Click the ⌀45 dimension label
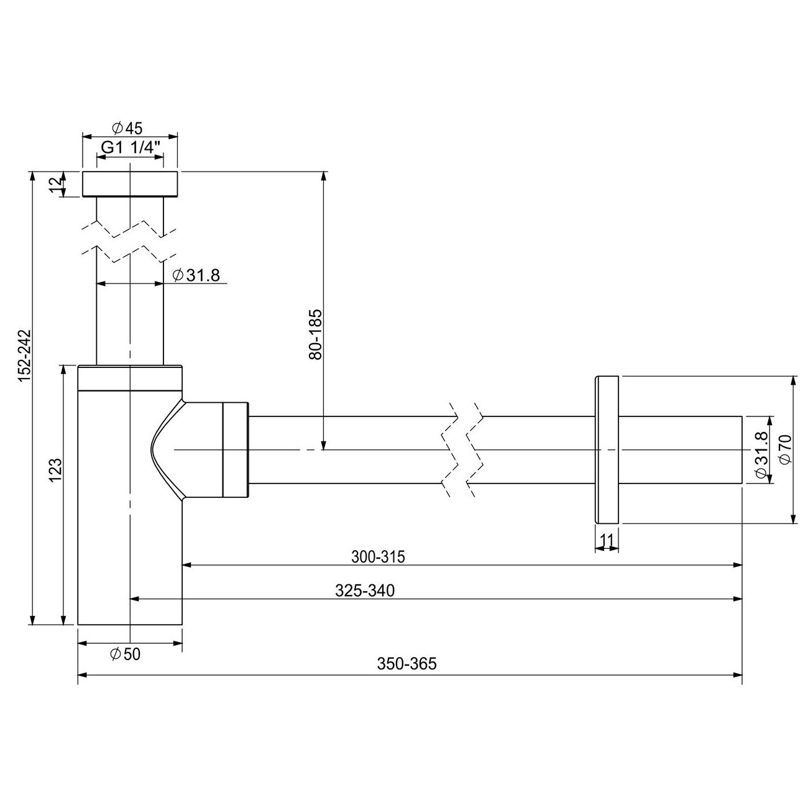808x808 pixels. (x=127, y=128)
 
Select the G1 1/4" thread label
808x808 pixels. (x=131, y=147)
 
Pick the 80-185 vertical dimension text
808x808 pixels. (x=315, y=334)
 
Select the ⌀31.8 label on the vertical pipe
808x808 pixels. (x=196, y=275)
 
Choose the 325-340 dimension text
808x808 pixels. (x=365, y=590)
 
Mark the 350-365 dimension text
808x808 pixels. (x=407, y=664)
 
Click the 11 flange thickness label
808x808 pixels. (x=607, y=539)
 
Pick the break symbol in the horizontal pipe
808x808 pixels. (x=463, y=449)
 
